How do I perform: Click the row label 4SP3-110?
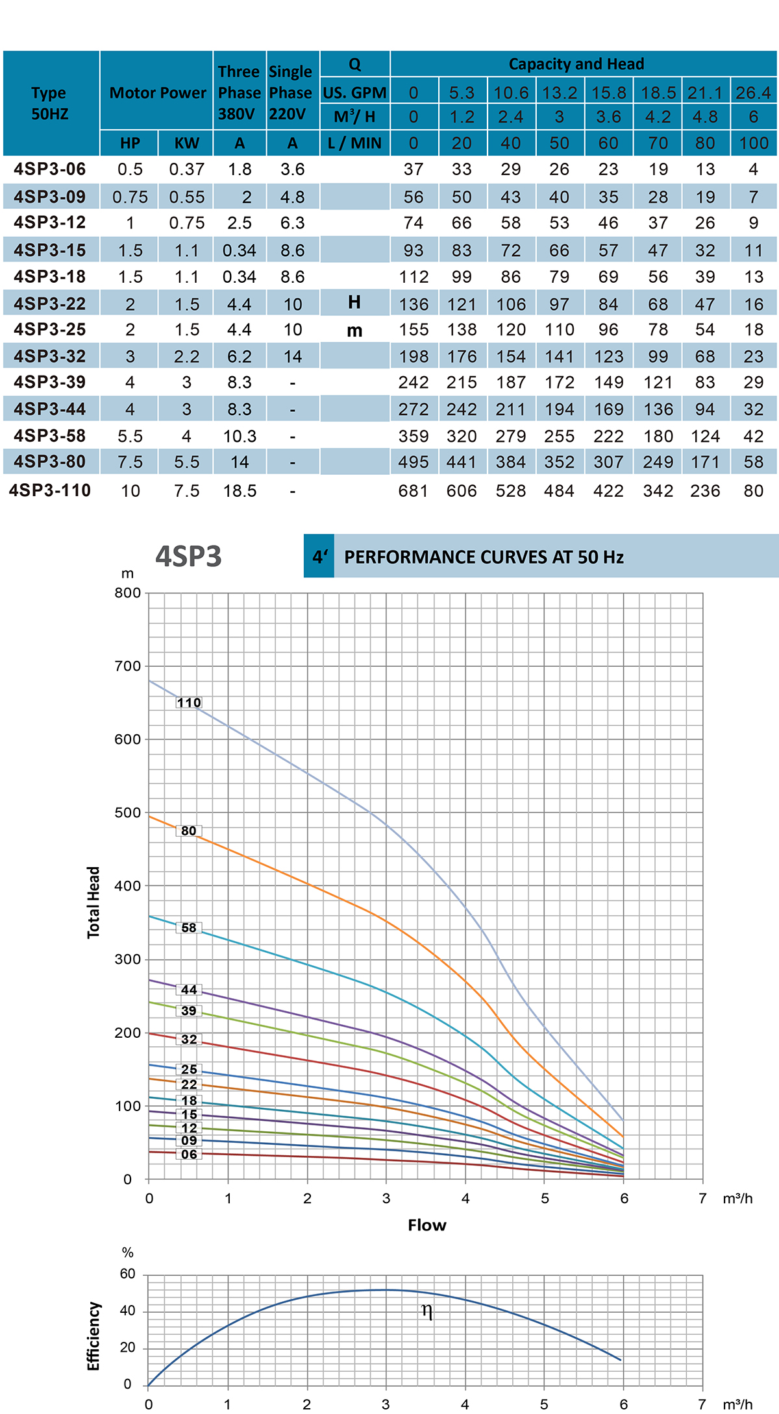tap(50, 490)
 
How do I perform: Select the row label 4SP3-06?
tap(50, 169)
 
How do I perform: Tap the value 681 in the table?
tap(413, 491)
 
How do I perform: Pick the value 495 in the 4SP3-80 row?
tap(413, 462)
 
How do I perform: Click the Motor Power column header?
tap(157, 93)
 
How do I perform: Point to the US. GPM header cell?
tap(354, 93)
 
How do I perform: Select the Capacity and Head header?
tap(576, 64)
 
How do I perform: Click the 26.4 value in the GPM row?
tap(753, 93)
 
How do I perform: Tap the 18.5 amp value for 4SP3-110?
tap(240, 491)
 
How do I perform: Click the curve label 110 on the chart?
tap(189, 702)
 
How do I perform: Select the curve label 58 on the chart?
tap(189, 928)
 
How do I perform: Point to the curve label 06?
tap(189, 1154)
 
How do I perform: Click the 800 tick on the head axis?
tap(128, 593)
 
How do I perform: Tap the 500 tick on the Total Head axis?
tap(128, 813)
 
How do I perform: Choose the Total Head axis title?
tap(94, 902)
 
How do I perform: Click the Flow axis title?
tap(427, 1225)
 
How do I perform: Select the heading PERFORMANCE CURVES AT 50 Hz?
tap(484, 557)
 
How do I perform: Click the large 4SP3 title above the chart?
tap(188, 557)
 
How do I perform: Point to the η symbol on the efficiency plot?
tap(427, 1311)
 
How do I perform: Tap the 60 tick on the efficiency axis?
tap(127, 1274)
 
